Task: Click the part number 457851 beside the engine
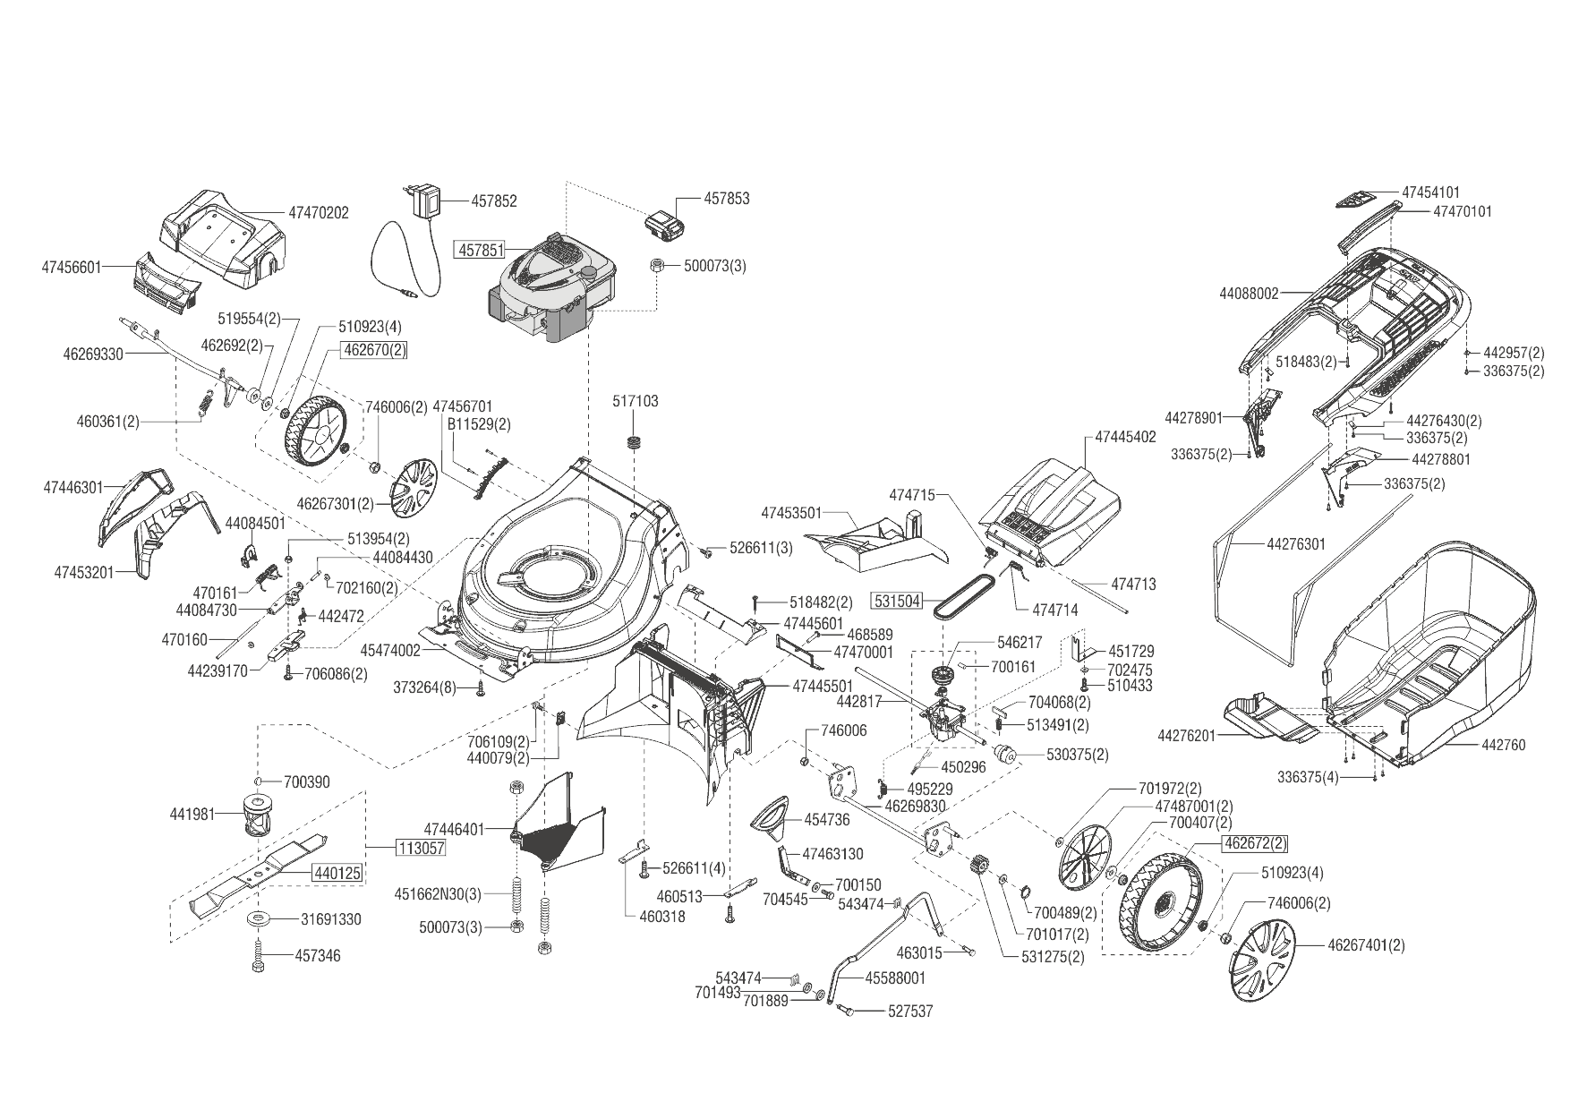tap(481, 250)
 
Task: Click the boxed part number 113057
tap(421, 848)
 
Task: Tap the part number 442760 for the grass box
tap(1503, 745)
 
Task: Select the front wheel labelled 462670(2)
tap(314, 433)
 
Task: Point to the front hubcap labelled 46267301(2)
tap(413, 488)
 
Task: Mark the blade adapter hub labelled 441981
tap(257, 814)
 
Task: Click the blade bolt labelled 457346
tap(258, 955)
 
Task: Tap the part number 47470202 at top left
tap(318, 213)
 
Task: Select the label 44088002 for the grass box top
tap(1250, 293)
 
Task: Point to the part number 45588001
tap(895, 978)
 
